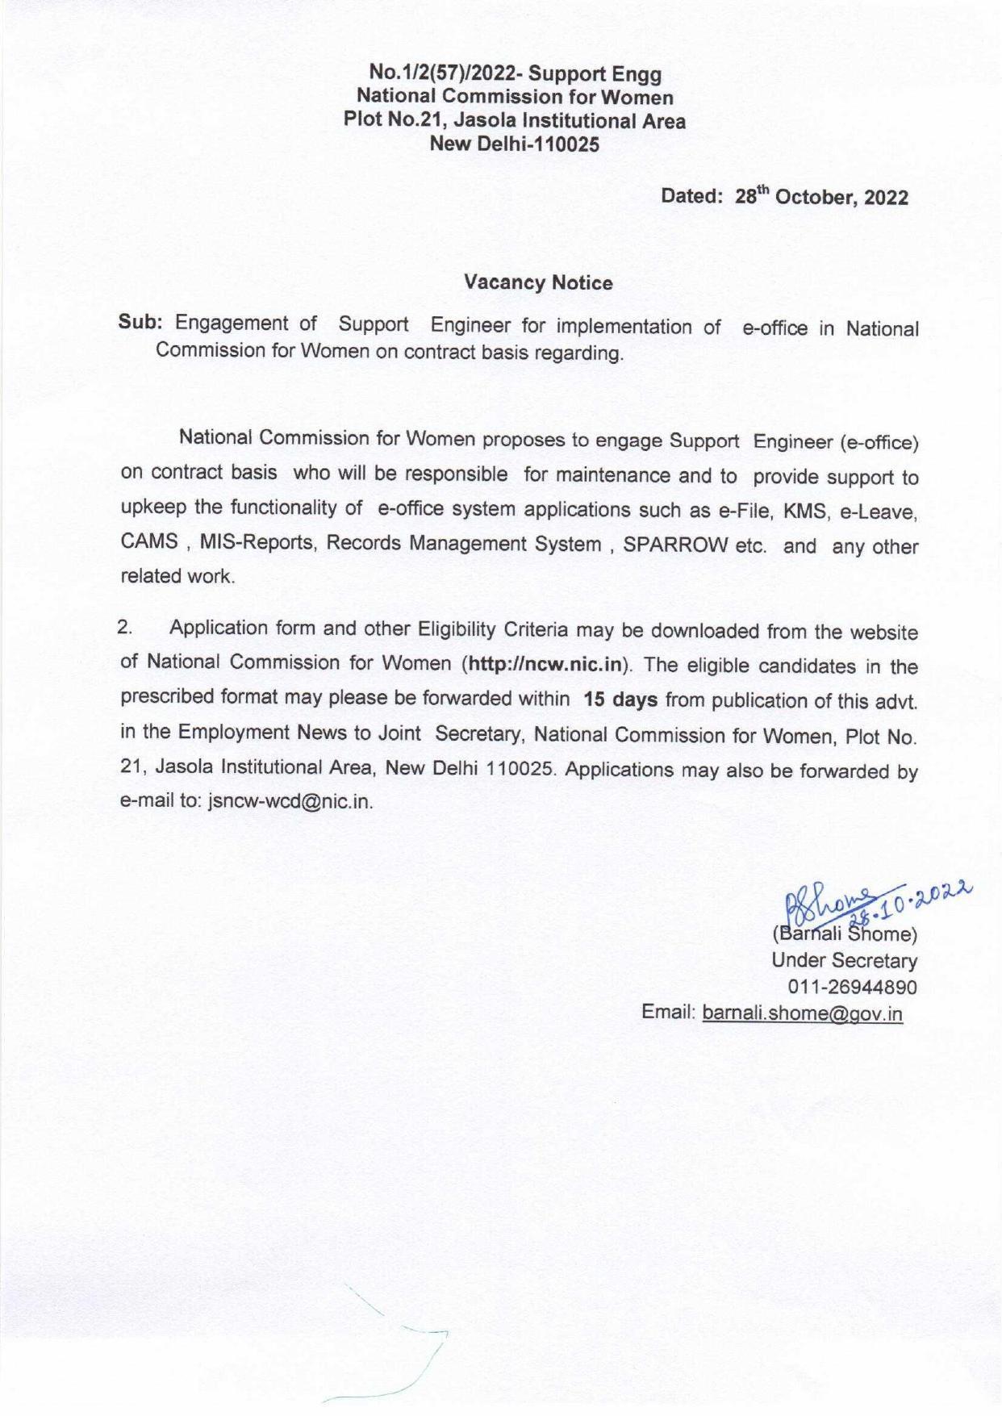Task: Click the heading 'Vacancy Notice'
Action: (538, 282)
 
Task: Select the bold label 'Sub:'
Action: (141, 322)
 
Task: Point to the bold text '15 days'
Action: (620, 700)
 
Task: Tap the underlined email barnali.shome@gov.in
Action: (802, 1014)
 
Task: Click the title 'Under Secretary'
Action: (844, 961)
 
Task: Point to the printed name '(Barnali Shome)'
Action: (844, 935)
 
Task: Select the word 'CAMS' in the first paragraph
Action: (149, 541)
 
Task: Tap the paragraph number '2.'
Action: (126, 628)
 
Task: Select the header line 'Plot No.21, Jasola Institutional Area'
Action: (514, 121)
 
